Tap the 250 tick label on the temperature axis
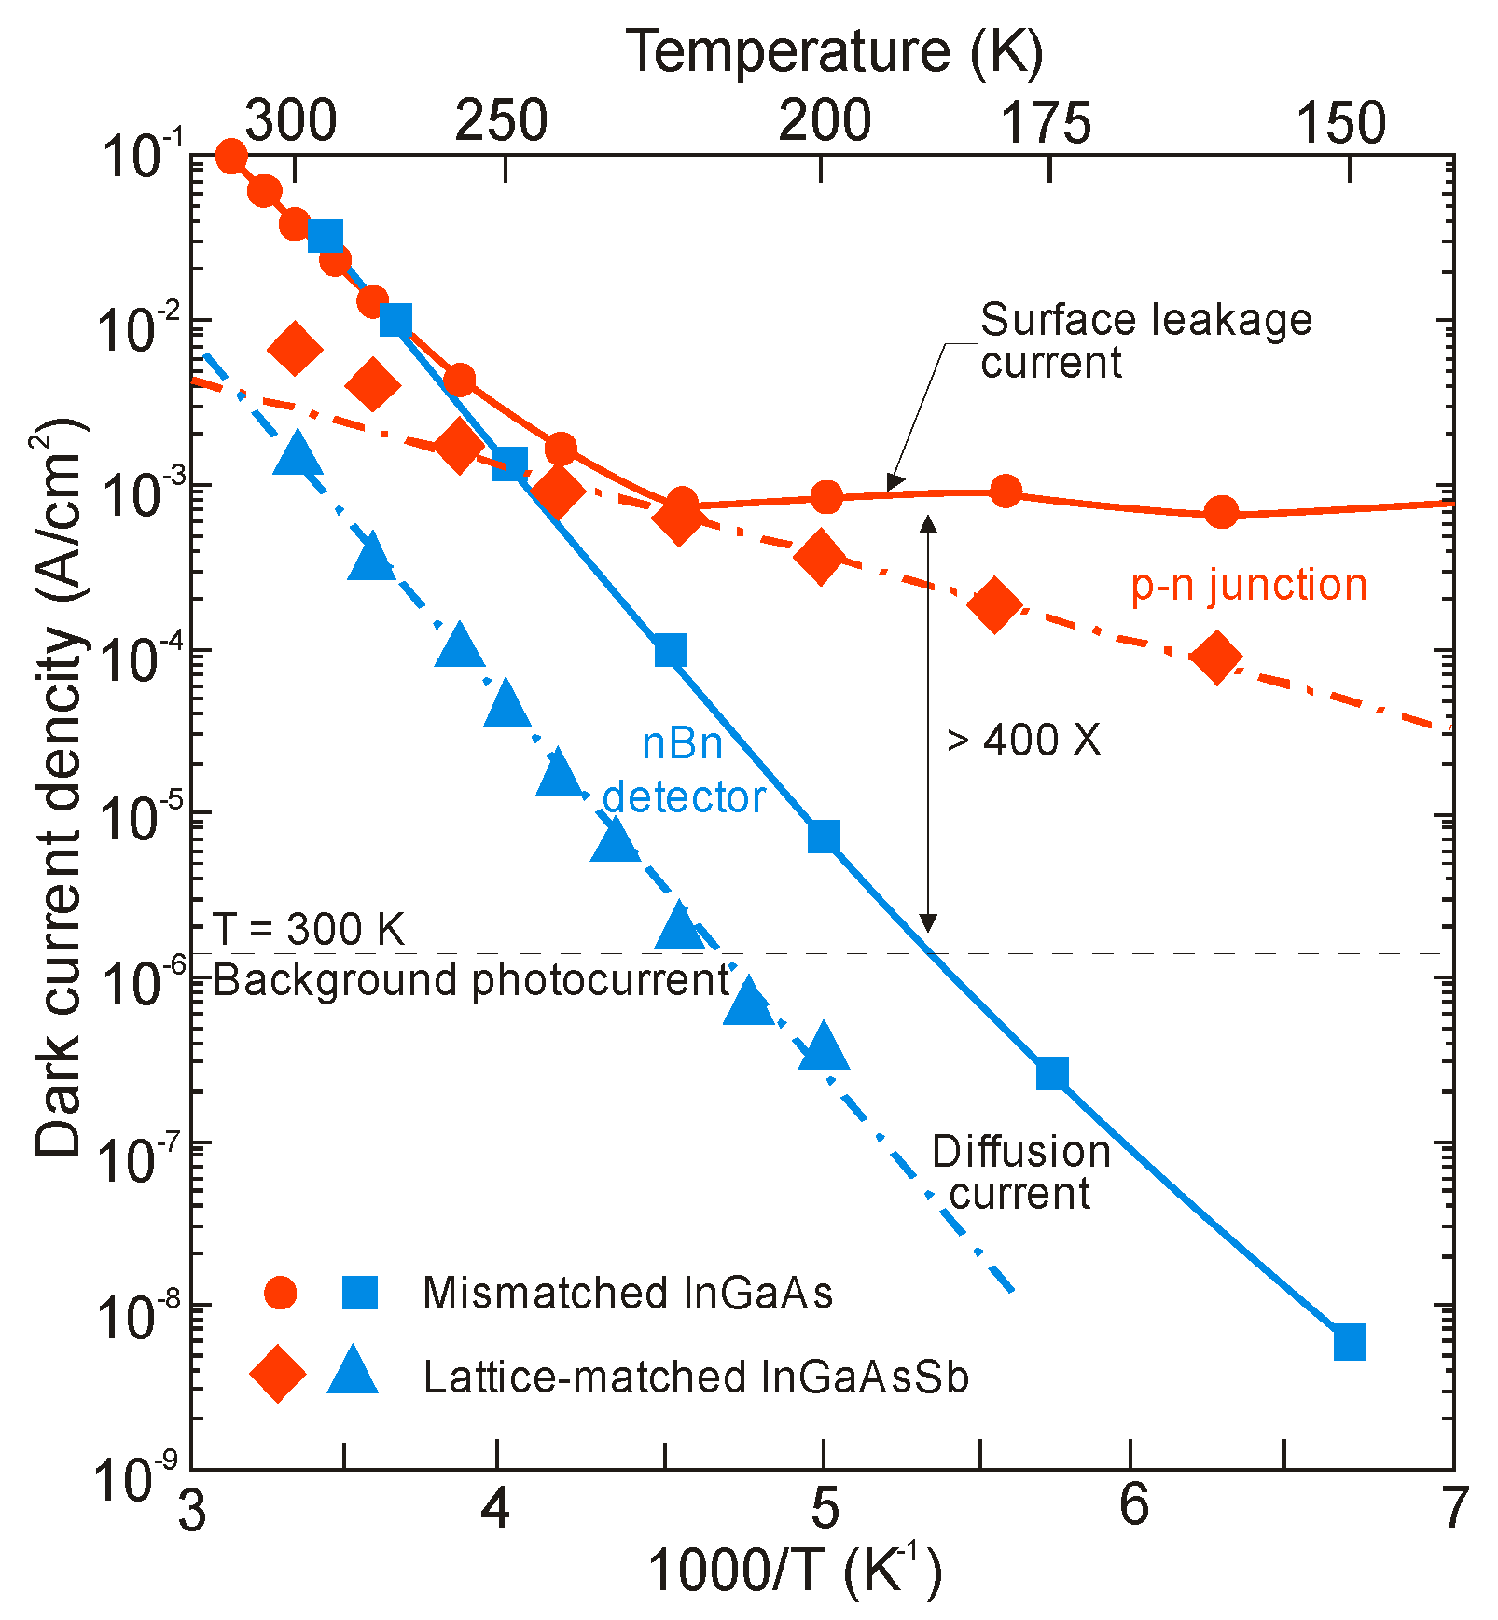click(501, 121)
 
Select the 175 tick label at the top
click(1046, 123)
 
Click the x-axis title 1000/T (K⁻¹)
click(795, 1570)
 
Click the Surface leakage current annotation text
click(1145, 341)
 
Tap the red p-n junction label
click(1249, 586)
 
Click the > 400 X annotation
click(1024, 741)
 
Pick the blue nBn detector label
click(684, 770)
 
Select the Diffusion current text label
click(1020, 1172)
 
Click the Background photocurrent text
click(471, 980)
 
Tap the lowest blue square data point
click(1350, 1342)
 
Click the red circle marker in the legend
click(280, 1293)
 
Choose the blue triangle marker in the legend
click(354, 1372)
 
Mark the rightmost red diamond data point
click(1216, 657)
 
